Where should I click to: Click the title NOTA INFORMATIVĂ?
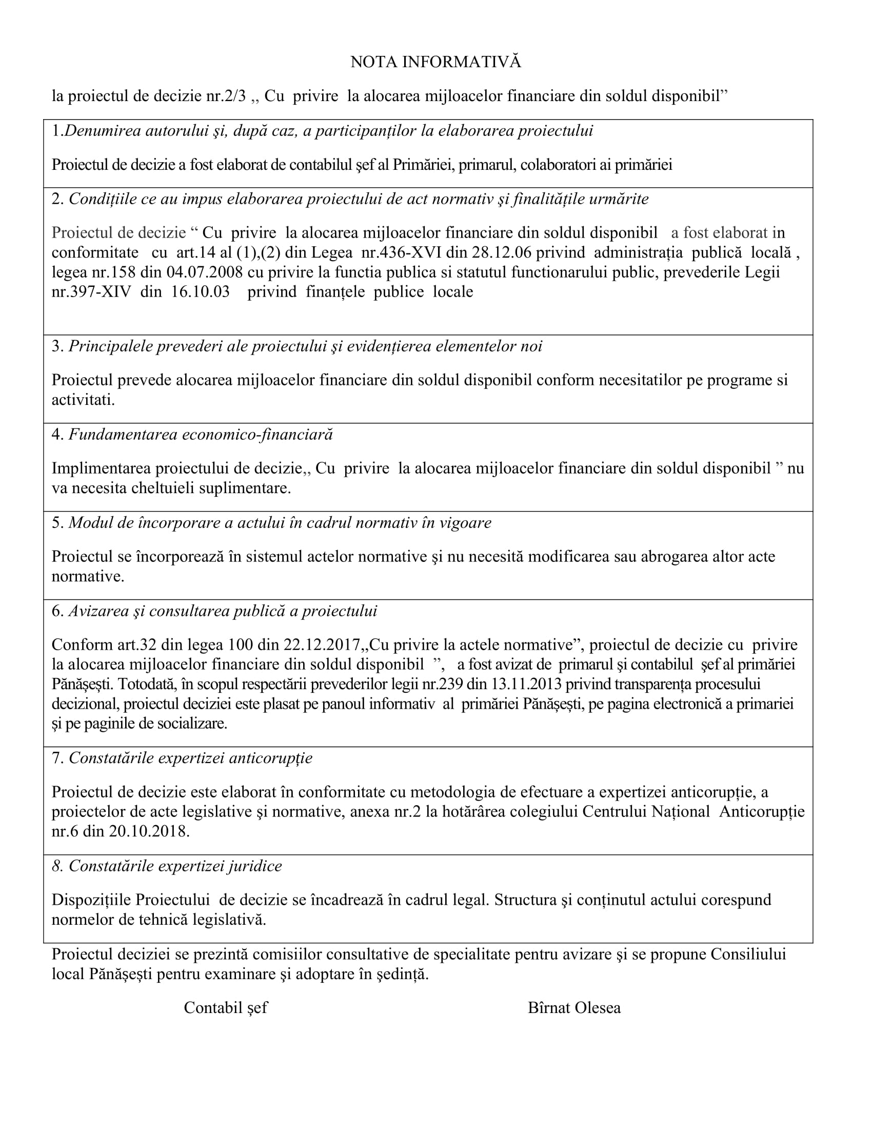(x=435, y=62)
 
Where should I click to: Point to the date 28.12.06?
(x=501, y=253)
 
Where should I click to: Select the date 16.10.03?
(x=201, y=292)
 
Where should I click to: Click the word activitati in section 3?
(x=83, y=400)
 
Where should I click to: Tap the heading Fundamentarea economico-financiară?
(x=201, y=434)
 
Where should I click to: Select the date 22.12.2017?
(x=321, y=645)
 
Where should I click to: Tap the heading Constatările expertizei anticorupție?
(x=190, y=758)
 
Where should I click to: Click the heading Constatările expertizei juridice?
(x=175, y=866)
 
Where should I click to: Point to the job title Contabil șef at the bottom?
(x=226, y=1007)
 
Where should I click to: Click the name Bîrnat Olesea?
(x=574, y=1007)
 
